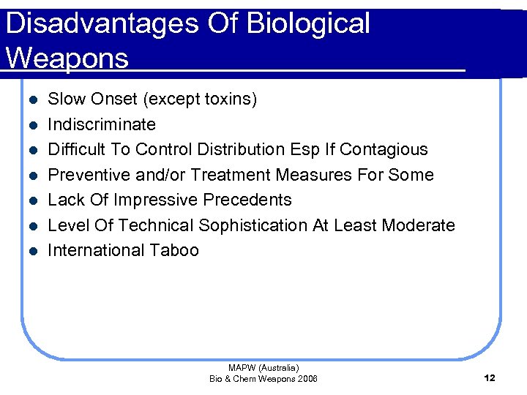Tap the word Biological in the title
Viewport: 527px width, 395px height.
coord(309,23)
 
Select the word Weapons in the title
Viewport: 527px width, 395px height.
coord(67,58)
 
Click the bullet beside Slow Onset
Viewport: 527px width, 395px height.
coord(29,99)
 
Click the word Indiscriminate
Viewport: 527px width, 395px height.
coord(102,124)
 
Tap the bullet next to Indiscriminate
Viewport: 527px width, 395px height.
coord(29,125)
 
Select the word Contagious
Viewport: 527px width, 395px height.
coord(383,149)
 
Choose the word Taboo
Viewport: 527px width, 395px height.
coord(173,250)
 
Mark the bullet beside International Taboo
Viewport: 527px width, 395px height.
coord(29,251)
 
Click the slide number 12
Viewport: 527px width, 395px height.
coord(490,378)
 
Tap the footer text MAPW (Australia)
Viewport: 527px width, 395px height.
coord(263,368)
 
